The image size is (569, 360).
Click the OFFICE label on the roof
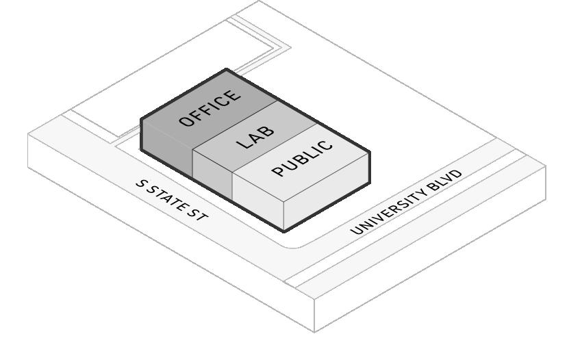pos(210,108)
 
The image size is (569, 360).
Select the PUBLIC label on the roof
pos(303,159)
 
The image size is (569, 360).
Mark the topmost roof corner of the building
pos(226,69)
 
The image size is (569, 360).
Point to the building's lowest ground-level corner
pos(284,231)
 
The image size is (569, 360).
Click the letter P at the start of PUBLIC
pos(278,171)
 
